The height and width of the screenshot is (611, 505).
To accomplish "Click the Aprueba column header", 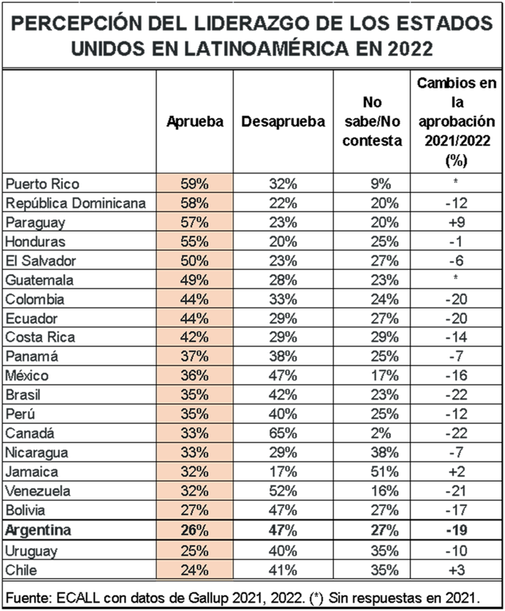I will point(195,122).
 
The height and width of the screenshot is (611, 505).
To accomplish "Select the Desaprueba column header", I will point(283,122).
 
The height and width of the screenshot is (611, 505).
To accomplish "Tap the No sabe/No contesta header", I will point(372,122).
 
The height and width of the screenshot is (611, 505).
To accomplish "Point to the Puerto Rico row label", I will point(42,184).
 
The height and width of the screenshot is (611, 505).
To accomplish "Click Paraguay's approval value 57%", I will point(195,222).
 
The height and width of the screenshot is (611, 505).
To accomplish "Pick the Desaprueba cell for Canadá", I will point(283,433).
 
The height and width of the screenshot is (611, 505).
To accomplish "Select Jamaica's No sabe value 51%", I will point(383,472).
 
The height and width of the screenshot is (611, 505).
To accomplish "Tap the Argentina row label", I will point(38,530).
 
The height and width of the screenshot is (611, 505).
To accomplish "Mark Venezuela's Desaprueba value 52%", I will point(283,491).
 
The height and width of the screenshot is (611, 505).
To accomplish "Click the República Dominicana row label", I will point(76,203).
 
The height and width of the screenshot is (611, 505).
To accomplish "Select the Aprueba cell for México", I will point(195,376).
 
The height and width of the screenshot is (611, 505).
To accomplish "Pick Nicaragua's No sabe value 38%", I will point(383,452).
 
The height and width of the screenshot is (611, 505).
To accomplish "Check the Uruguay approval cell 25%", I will point(195,551).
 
